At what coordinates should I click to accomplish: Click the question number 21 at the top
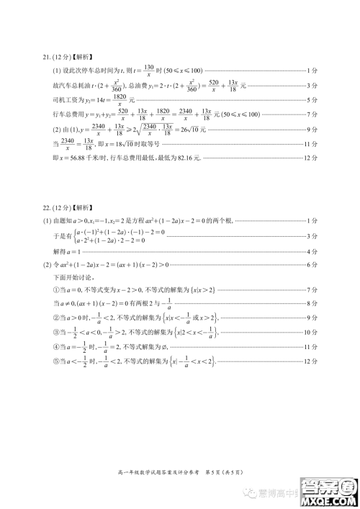tap(49, 58)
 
